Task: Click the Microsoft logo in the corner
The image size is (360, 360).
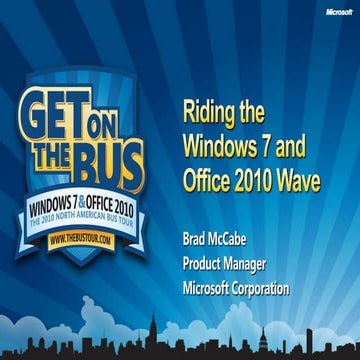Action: click(335, 12)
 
